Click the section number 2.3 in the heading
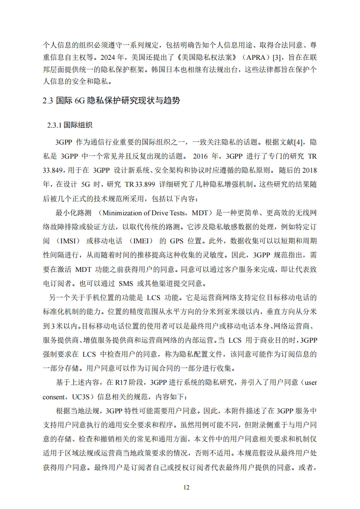tap(48, 101)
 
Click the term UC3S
tap(82, 397)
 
